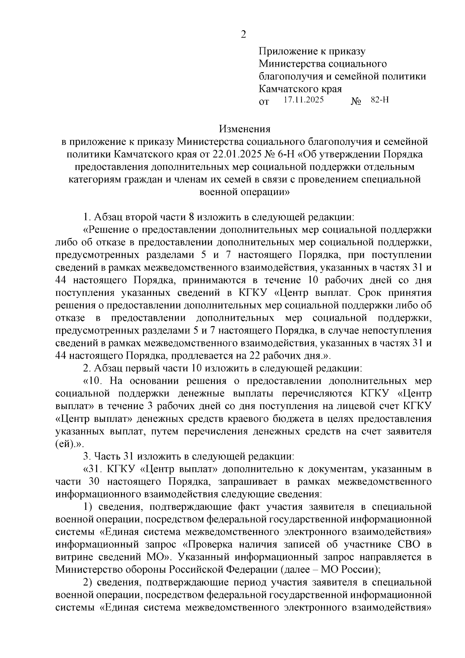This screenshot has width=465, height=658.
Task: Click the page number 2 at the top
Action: [243, 35]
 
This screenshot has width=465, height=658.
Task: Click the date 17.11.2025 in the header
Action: [303, 100]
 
